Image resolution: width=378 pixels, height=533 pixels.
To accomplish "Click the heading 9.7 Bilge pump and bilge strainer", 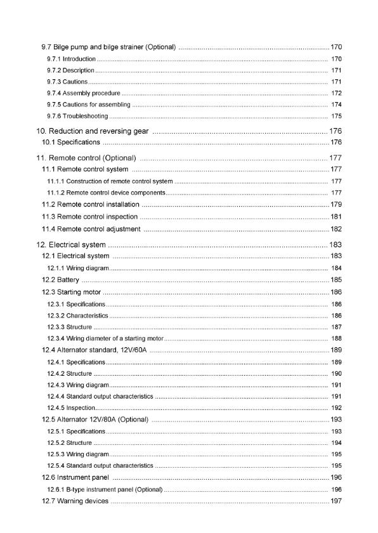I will [108, 48].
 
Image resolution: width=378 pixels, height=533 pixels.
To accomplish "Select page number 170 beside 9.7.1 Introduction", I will [336, 59].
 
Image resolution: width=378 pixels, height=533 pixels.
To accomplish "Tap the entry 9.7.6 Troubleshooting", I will [77, 116].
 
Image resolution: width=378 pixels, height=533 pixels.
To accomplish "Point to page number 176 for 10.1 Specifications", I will [336, 142].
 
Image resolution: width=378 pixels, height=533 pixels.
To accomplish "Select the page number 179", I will [336, 204].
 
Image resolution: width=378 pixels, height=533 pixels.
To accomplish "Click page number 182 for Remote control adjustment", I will [336, 228].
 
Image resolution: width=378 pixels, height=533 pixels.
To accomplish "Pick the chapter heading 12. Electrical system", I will [70, 244].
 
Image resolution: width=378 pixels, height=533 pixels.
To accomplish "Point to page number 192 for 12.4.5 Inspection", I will [336, 408].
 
